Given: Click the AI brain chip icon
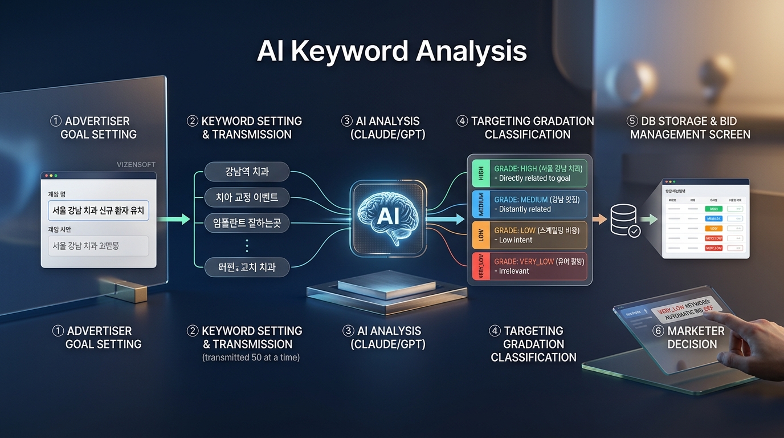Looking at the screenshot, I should click(x=387, y=216).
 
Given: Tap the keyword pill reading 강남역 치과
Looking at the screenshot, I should click(x=247, y=171).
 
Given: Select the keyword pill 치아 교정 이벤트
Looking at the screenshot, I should click(x=247, y=197).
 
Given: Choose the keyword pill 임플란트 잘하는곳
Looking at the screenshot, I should click(x=247, y=222).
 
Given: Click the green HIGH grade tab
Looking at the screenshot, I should click(x=481, y=173).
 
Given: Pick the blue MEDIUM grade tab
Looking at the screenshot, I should click(x=481, y=204).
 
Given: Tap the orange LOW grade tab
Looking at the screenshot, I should click(x=481, y=235).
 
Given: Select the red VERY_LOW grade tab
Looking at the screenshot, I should click(x=481, y=266).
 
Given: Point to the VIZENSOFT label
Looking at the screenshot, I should click(x=136, y=164).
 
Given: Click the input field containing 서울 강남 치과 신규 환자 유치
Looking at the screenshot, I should click(x=99, y=210).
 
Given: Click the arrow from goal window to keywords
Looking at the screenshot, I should click(x=174, y=218).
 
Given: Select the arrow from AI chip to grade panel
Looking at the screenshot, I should click(x=445, y=218).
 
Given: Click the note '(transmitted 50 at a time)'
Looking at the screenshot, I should click(x=251, y=358).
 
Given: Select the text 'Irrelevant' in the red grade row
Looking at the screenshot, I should click(x=514, y=271).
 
